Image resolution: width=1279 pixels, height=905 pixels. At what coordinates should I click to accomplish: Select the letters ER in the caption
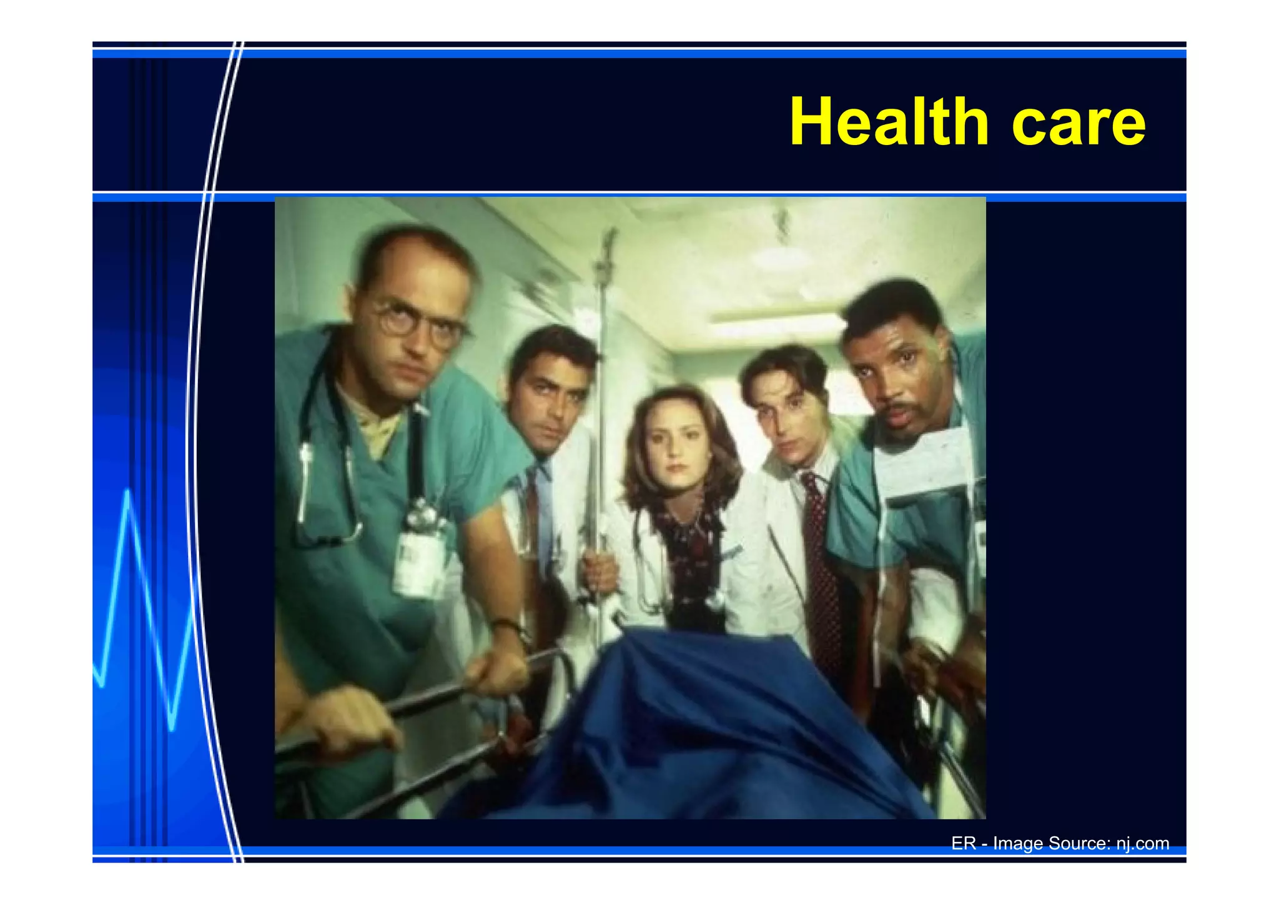(x=963, y=844)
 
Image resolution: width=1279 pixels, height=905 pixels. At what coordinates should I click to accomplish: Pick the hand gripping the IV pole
(x=600, y=572)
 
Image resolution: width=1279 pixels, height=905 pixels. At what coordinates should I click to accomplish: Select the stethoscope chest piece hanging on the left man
(x=305, y=456)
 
